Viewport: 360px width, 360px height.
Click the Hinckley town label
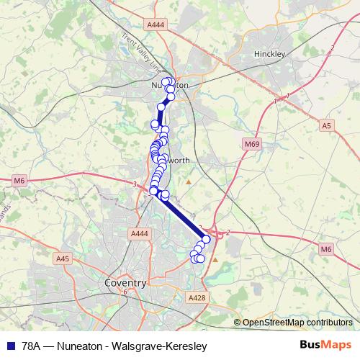(271, 54)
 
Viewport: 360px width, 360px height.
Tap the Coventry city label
(125, 283)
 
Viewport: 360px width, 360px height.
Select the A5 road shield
(328, 125)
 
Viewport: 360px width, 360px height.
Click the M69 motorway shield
(251, 145)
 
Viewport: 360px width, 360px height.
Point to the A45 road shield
(63, 258)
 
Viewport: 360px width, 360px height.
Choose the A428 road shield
(196, 297)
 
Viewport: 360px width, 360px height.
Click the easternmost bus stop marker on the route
(207, 240)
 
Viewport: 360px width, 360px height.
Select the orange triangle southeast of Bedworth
(189, 181)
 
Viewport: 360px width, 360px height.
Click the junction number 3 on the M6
(135, 184)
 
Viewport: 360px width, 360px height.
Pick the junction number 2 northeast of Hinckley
(332, 48)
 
